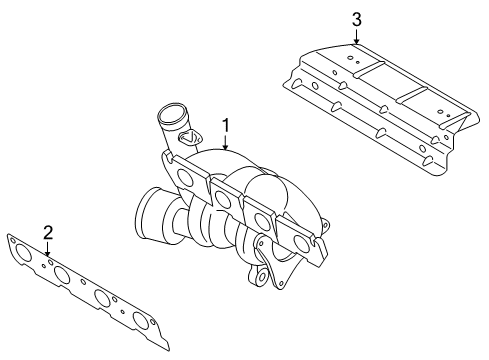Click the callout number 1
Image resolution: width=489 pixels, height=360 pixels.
[226, 126]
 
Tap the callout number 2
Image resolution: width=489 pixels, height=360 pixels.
[48, 233]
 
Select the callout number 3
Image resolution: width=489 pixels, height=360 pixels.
[357, 20]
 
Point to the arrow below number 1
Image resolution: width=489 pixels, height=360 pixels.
[226, 142]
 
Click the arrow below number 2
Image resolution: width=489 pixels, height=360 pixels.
[48, 249]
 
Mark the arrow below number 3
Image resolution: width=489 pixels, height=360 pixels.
[357, 37]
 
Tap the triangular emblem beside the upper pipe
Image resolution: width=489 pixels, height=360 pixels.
[188, 137]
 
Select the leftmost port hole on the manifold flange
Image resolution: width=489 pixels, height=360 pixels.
[185, 177]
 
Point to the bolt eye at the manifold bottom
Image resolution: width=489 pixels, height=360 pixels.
[262, 276]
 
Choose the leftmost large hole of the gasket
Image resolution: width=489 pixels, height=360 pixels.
[23, 252]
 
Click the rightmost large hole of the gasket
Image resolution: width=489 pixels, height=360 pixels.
[141, 320]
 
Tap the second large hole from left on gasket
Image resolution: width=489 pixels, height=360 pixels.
[62, 274]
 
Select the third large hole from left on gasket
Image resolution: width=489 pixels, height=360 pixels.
[102, 297]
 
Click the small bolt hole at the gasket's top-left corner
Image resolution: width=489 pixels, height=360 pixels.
[13, 240]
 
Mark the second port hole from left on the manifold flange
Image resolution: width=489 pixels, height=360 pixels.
[223, 199]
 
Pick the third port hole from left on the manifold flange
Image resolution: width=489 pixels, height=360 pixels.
[262, 220]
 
